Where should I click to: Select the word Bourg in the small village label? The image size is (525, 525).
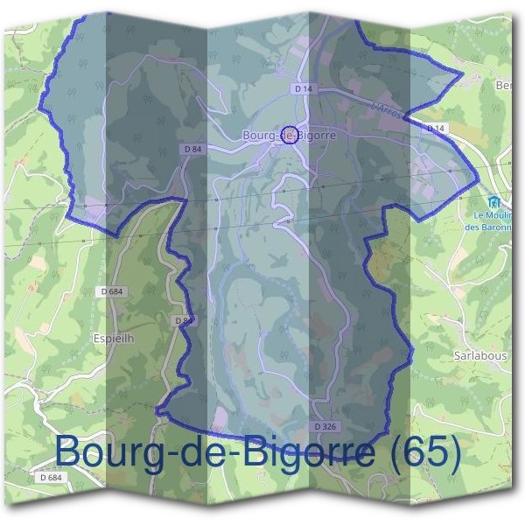tap(261, 136)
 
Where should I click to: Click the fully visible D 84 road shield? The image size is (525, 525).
tap(193, 150)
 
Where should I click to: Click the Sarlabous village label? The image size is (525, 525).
tap(480, 356)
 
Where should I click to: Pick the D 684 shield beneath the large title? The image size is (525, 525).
tap(51, 478)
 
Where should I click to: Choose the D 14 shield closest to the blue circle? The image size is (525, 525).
tap(304, 89)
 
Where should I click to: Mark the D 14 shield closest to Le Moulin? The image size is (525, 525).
tap(436, 129)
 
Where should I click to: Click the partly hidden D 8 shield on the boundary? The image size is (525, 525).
tap(179, 321)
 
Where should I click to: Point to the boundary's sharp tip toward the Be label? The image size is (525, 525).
tap(460, 75)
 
